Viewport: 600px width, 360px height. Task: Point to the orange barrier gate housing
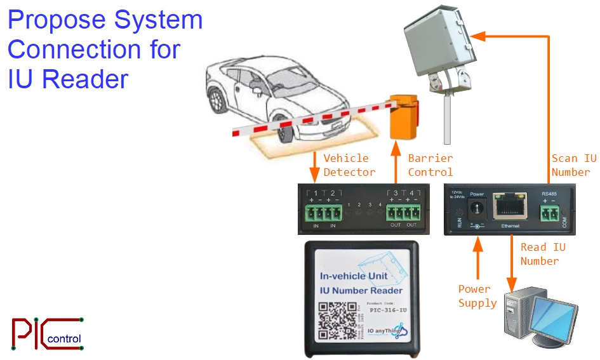[x=404, y=117]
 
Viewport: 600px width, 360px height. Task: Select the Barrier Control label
[x=430, y=165]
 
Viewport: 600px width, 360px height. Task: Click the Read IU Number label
[x=542, y=254]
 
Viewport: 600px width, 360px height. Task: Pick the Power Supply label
[x=477, y=297]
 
